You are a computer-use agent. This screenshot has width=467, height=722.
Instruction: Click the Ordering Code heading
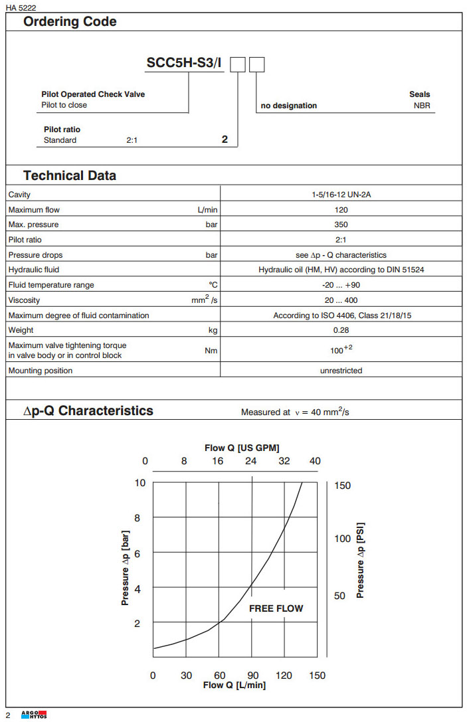click(70, 21)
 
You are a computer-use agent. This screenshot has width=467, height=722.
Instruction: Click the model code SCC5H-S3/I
click(184, 64)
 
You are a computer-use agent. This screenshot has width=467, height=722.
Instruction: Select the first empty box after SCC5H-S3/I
click(238, 64)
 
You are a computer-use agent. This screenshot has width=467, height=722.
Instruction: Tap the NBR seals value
click(422, 106)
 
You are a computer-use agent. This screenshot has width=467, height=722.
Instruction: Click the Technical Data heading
click(70, 175)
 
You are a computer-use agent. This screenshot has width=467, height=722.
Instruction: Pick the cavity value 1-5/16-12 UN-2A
click(341, 195)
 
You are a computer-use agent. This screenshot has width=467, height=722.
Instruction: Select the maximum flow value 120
click(341, 210)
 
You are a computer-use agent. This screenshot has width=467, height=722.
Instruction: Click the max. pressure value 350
click(341, 225)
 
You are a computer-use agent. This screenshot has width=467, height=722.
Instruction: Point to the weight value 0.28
click(341, 330)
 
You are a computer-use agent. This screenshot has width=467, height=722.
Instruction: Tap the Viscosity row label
click(24, 300)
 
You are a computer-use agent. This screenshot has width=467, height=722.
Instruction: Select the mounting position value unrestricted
click(341, 371)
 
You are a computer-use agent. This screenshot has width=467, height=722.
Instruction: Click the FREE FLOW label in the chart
click(276, 608)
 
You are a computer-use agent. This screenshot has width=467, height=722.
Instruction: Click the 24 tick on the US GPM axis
click(251, 461)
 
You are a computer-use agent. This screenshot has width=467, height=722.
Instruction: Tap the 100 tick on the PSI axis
click(342, 538)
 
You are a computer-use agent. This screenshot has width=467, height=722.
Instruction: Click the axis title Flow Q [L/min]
click(234, 685)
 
